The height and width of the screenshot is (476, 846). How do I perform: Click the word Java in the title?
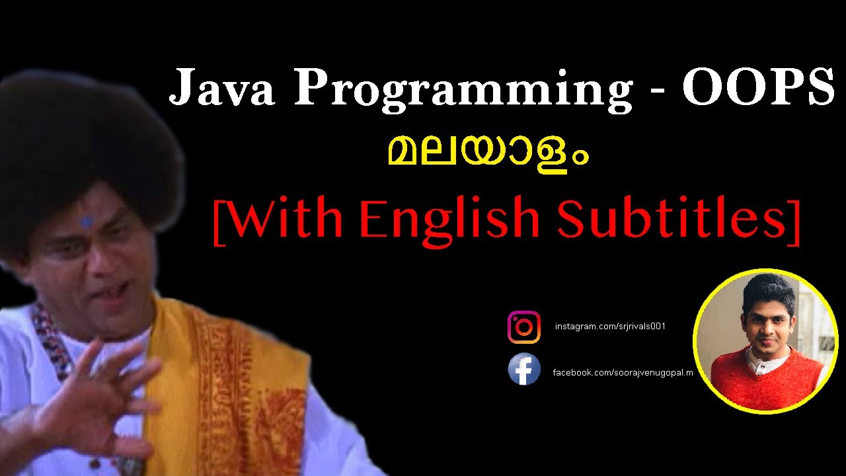[x=221, y=87]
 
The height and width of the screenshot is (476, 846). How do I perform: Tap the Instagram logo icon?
[x=524, y=327]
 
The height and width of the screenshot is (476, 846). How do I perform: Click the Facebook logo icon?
[x=524, y=370]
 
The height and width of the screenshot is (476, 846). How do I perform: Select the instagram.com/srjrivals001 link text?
[x=609, y=327]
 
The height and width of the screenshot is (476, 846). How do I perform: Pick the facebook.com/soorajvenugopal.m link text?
[x=623, y=373]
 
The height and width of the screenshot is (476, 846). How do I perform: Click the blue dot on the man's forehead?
[x=87, y=223]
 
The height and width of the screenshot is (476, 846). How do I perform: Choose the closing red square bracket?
[x=795, y=221]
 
